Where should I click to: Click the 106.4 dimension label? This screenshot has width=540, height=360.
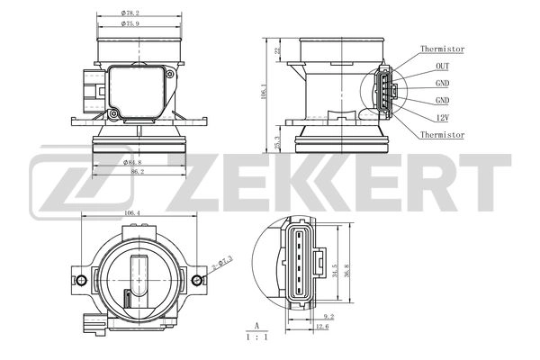pyautogui.click(x=132, y=213)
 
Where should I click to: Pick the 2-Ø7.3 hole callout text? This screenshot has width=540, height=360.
pyautogui.click(x=221, y=263)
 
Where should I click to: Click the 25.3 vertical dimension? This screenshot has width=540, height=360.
pyautogui.click(x=278, y=143)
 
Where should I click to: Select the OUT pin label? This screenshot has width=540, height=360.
pyautogui.click(x=443, y=66)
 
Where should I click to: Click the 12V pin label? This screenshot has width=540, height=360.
pyautogui.click(x=443, y=117)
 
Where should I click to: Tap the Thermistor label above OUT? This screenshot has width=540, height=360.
pyautogui.click(x=442, y=49)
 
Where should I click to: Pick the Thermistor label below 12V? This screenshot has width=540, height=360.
pyautogui.click(x=442, y=134)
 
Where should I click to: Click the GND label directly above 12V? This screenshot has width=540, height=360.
pyautogui.click(x=443, y=100)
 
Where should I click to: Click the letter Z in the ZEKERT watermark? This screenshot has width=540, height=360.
pyautogui.click(x=236, y=178)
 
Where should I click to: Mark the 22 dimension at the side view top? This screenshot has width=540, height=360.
pyautogui.click(x=278, y=50)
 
